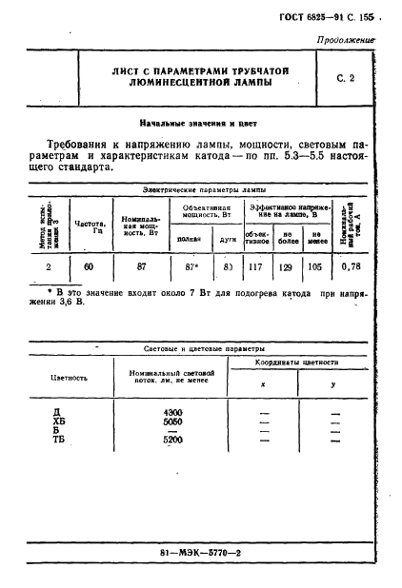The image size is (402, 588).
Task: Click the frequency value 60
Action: click(x=88, y=267)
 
